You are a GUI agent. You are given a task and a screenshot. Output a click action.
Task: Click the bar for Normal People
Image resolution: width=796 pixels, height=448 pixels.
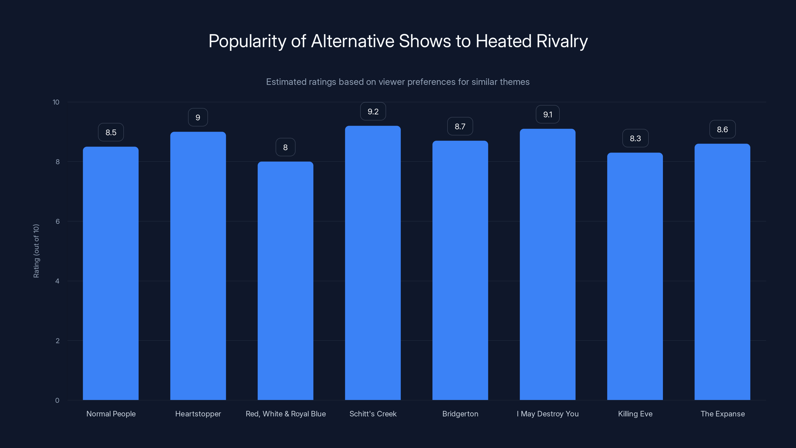pos(111,273)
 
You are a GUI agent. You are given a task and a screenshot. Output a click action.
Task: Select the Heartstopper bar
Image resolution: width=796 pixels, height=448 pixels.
pos(198,266)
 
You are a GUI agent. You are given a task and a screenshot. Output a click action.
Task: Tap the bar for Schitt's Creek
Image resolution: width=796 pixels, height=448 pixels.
pos(373,263)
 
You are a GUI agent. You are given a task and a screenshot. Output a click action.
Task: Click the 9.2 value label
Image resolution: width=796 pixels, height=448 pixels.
pos(373,112)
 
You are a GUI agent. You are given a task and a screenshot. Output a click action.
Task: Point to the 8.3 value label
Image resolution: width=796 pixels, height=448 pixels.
pos(635,139)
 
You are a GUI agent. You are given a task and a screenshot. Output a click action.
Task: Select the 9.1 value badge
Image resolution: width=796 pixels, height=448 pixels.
pos(547,115)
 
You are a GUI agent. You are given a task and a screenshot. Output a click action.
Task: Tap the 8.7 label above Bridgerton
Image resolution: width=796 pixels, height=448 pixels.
pos(460,126)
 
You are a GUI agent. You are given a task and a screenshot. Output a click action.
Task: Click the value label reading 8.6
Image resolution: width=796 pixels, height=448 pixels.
pos(722,129)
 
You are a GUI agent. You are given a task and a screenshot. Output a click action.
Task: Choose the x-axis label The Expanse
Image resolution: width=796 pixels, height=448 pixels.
pos(722,414)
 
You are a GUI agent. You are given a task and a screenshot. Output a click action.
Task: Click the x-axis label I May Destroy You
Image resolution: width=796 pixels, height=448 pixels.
pos(547,414)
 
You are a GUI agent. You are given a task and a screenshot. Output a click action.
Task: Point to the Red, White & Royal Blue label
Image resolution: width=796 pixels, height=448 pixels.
pos(286,414)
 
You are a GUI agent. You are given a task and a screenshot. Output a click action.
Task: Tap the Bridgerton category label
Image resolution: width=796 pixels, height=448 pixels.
pos(460,414)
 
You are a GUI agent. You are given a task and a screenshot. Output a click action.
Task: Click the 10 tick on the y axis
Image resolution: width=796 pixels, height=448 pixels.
pos(56,102)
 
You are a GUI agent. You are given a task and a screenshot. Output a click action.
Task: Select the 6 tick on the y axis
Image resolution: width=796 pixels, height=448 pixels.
pos(57,221)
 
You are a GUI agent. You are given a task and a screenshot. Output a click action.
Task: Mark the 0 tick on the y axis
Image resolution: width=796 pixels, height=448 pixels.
pos(57,400)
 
